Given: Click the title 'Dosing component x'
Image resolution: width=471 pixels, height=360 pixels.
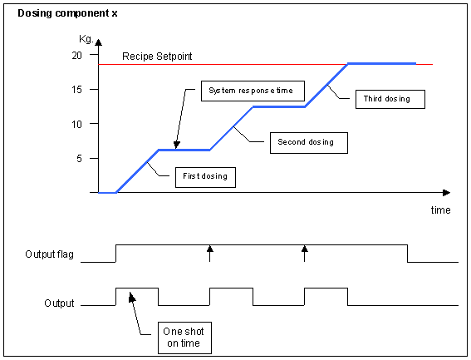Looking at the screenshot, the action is pos(67,13).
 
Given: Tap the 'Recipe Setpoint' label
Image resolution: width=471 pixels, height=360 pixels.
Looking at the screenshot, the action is pos(157,57).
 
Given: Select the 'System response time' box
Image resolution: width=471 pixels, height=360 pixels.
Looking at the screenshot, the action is pos(253,91).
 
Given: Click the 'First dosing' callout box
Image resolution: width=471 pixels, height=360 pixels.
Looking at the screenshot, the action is pos(205,177).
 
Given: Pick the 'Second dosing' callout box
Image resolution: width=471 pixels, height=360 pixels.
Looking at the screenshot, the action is pos(309,143).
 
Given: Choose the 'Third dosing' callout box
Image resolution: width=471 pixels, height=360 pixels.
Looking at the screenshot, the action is pos(390,99).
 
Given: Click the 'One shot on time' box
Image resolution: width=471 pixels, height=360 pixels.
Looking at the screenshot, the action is pos(184,338).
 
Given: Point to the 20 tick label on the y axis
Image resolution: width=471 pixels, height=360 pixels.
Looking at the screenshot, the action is pos(77,56).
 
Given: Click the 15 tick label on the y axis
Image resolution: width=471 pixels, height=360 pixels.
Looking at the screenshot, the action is pos(77,90).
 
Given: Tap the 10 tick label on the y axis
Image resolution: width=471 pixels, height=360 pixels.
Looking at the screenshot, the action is pos(77,124).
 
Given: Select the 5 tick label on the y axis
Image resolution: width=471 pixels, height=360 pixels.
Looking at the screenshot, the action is pos(79,159).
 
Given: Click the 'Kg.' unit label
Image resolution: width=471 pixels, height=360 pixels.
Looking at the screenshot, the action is pos(86,39).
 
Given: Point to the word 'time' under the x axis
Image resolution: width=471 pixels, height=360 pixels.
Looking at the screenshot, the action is pos(440,210).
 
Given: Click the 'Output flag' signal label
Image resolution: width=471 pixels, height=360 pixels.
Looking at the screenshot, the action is pos(50,254).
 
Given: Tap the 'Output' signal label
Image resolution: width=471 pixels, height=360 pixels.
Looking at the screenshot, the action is pos(59,303).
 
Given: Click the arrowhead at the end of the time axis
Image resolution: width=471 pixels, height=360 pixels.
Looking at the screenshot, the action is pos(447,193).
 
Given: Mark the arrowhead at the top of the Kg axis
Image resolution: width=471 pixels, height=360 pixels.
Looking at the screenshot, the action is pos(99,42).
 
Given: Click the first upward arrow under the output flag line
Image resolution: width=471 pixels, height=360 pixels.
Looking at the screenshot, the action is pos(210,254).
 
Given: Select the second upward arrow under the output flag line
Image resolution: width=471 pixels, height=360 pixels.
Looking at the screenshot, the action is pos(305,254).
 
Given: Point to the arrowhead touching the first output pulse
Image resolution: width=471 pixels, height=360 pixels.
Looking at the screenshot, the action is pos(132,297).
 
